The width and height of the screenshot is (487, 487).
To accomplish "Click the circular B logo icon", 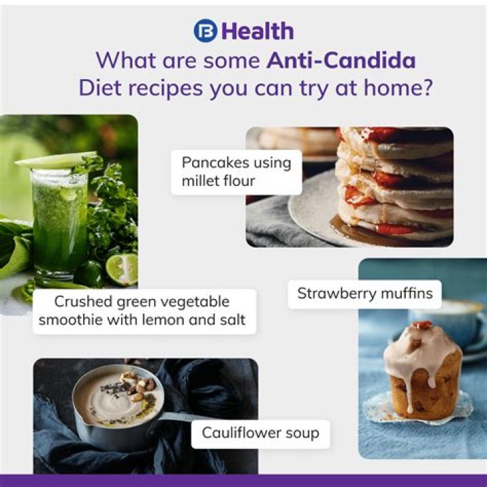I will click(205, 30).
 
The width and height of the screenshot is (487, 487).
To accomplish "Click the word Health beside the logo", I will click(258, 31).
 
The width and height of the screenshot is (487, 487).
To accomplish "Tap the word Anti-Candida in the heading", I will click(341, 60).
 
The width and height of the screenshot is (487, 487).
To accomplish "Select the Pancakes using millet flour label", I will click(236, 172).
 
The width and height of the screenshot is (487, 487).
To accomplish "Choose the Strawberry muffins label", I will click(365, 294).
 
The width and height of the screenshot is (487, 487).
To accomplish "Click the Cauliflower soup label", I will click(260, 432).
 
